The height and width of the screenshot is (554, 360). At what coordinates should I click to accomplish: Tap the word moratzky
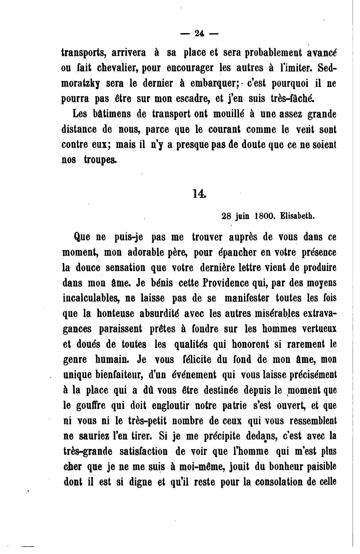(x=81, y=83)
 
